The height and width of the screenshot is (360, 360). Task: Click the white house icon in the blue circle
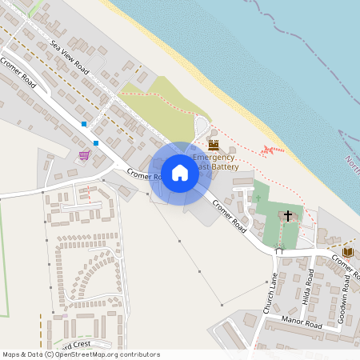(x=180, y=173)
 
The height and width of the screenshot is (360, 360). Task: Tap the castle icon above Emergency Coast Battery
(x=214, y=145)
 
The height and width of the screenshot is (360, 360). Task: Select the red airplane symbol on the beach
(x=273, y=150)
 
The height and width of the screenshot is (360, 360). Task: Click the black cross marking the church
(x=288, y=216)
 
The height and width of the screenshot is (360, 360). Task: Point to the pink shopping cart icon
(x=84, y=154)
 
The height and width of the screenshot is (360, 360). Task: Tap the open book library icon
(x=347, y=252)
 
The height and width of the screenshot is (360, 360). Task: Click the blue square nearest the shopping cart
(x=96, y=142)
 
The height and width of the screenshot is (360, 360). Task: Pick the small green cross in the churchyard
(x=258, y=196)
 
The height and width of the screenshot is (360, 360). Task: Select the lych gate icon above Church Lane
(x=279, y=250)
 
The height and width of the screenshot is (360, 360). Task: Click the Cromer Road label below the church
(x=229, y=214)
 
